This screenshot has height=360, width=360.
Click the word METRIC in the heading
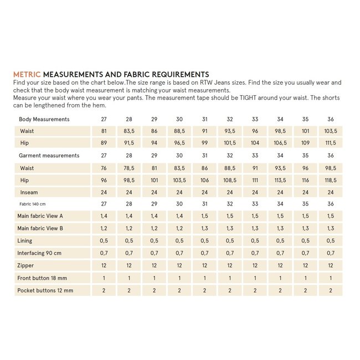click(x=27, y=74)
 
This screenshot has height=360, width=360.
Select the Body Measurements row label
click(x=44, y=119)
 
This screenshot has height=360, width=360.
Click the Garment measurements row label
click(x=49, y=156)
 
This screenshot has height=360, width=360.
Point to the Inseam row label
click(x=29, y=192)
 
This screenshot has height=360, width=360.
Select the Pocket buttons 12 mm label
click(x=45, y=290)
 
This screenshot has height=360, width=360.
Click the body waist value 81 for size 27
click(x=104, y=131)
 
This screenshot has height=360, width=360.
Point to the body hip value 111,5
click(x=331, y=143)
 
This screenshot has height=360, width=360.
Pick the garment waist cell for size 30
click(x=179, y=168)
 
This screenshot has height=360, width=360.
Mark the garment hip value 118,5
click(x=331, y=180)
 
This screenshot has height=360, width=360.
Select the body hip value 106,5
click(x=280, y=143)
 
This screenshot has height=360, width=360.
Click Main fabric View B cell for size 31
click(x=205, y=229)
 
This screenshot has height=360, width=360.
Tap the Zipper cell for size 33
click(x=255, y=266)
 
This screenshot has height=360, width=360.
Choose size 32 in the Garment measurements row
click(x=230, y=156)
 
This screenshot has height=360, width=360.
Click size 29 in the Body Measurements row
click(x=155, y=119)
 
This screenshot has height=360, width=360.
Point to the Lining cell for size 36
click(x=331, y=241)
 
